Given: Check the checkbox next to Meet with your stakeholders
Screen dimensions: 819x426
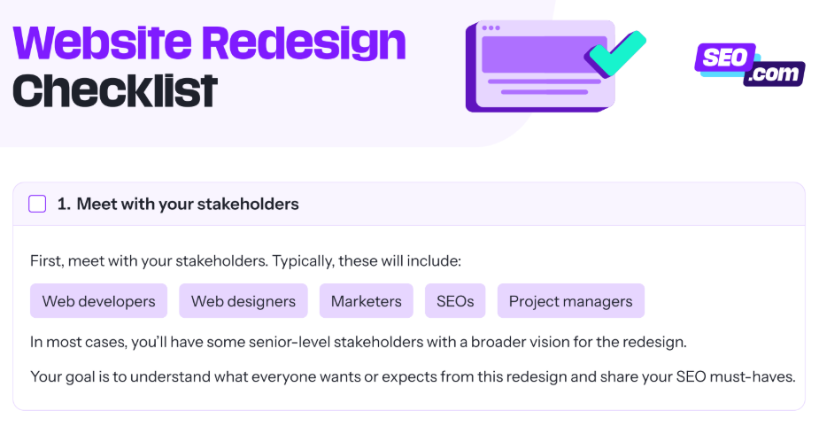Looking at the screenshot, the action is (x=37, y=204).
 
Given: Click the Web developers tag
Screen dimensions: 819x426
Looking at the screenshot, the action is (x=98, y=301).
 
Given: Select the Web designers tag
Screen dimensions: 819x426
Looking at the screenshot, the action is (x=243, y=301).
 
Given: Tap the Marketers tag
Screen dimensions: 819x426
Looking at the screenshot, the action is (x=367, y=301).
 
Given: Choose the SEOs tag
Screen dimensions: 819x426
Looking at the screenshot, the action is (x=455, y=301).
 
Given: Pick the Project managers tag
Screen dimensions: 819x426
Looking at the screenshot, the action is (x=571, y=301).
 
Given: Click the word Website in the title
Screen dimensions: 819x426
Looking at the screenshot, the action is (x=103, y=43).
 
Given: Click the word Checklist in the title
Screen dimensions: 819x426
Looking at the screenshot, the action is (x=115, y=91).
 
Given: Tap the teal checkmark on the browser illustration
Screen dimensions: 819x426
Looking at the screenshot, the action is (x=615, y=53).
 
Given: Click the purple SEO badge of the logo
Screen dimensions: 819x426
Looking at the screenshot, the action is (x=725, y=57).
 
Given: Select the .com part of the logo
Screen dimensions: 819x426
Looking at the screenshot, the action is (x=774, y=74).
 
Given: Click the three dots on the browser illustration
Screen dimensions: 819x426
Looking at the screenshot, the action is (x=491, y=27).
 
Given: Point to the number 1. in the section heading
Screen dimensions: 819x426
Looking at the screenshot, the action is (x=64, y=204).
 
